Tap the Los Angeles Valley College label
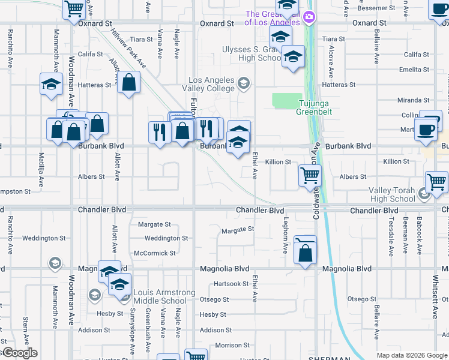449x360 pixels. [213, 84]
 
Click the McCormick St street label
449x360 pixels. [154, 253]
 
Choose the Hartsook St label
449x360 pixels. [231, 284]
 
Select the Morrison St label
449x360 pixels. [232, 346]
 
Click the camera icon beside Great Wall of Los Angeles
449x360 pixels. [309, 16]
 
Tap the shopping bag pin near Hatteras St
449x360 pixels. [129, 83]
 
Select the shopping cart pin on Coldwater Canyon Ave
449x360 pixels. [310, 175]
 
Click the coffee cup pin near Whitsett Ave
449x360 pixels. [426, 130]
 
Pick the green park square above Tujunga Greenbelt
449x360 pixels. [288, 101]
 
